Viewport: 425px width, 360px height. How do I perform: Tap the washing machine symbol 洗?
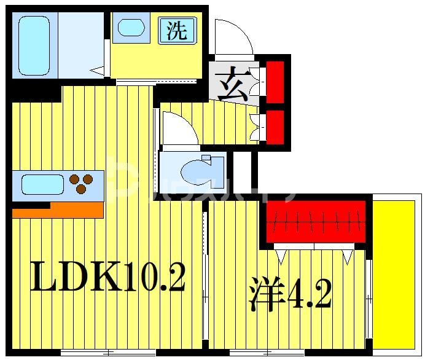(177, 30)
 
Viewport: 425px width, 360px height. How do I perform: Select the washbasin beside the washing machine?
(132, 28)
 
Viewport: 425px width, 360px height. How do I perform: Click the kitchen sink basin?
(42, 184)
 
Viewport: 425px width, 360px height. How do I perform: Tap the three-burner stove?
(81, 183)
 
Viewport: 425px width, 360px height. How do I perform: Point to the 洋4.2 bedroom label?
(290, 295)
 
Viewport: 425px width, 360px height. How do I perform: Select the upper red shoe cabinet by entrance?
(274, 78)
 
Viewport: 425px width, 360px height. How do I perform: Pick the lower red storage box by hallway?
(274, 126)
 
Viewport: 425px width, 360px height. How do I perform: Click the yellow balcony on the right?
(396, 273)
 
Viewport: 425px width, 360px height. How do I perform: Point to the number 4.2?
(310, 295)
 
